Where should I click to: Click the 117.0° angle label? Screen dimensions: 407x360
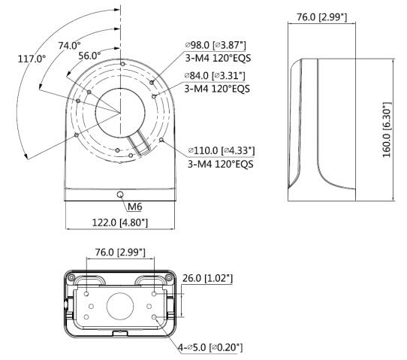pyautogui.click(x=32, y=59)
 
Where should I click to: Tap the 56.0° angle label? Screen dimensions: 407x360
pyautogui.click(x=89, y=56)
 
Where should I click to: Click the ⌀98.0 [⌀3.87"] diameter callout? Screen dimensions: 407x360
pyautogui.click(x=216, y=45)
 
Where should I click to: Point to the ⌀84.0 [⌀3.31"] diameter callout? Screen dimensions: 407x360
pyautogui.click(x=215, y=76)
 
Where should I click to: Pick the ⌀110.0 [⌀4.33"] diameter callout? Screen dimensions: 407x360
pyautogui.click(x=222, y=150)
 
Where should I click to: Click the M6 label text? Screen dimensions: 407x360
pyautogui.click(x=135, y=207)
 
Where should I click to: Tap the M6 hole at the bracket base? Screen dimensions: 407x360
pyautogui.click(x=120, y=195)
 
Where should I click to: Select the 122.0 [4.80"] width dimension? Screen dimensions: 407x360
pyautogui.click(x=120, y=222)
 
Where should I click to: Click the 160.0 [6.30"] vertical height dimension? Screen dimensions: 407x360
pyautogui.click(x=387, y=129)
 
